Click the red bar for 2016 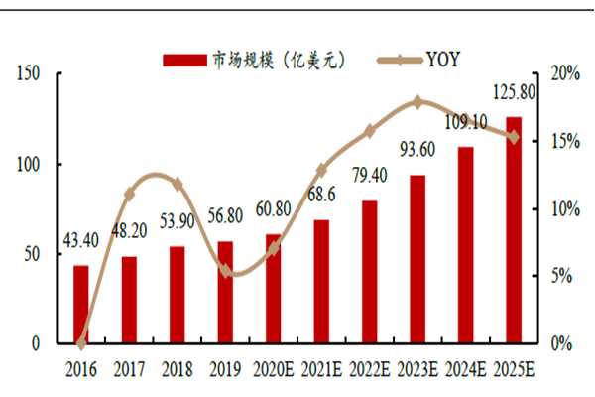81,305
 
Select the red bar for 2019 225,294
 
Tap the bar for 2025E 513,230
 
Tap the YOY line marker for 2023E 417,101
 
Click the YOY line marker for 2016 81,343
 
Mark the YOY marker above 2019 225,271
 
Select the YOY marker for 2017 129,195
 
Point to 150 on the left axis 27,73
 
